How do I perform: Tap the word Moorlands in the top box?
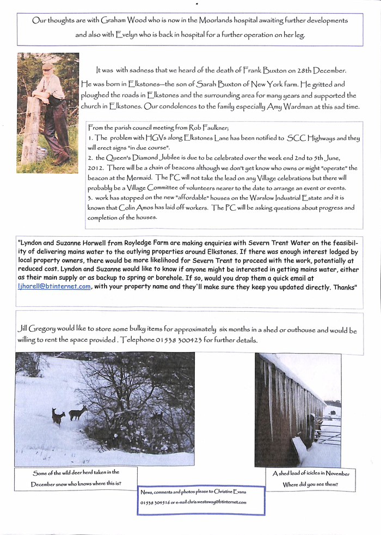tap(217, 20)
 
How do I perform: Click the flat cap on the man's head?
tap(47, 66)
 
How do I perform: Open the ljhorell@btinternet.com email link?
tap(54, 287)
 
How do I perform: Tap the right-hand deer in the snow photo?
tap(78, 413)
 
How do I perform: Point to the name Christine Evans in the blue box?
tap(230, 492)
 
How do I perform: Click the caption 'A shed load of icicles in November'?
tap(311, 474)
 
